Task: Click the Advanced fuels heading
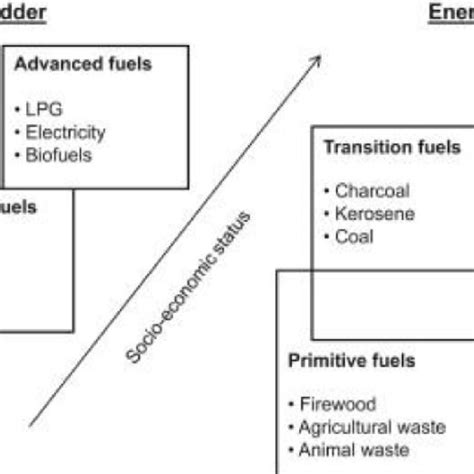click(84, 65)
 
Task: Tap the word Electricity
click(68, 131)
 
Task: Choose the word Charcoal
click(373, 191)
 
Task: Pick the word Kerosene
click(375, 213)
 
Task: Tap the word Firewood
click(338, 404)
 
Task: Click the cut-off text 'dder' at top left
click(22, 11)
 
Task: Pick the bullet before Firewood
click(292, 405)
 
